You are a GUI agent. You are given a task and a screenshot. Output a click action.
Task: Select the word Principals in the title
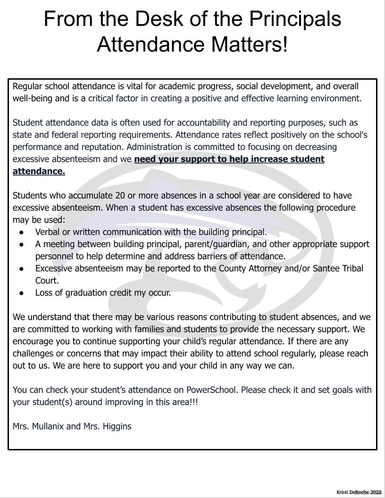[295, 19]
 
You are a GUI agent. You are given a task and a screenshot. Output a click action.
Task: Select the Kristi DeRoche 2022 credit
[359, 492]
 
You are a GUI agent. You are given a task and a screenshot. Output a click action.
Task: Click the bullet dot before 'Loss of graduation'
[22, 293]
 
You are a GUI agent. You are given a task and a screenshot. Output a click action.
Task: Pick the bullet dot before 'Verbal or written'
[22, 232]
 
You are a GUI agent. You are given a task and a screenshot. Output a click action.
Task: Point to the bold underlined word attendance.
[39, 171]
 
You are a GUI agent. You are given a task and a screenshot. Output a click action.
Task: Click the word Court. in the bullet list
[47, 281]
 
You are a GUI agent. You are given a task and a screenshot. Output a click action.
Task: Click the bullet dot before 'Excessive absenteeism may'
[22, 268]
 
